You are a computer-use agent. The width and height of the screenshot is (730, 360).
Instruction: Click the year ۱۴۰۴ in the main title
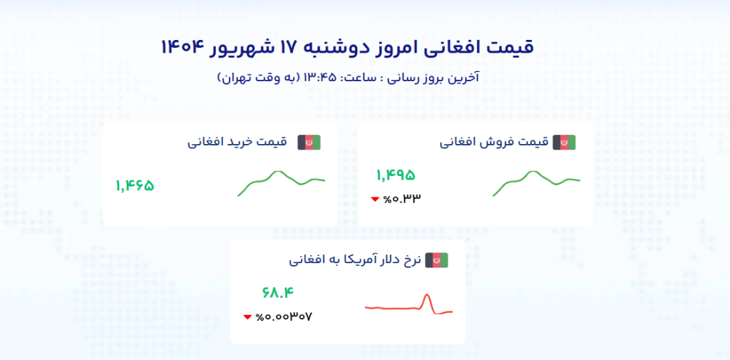[x=183, y=47]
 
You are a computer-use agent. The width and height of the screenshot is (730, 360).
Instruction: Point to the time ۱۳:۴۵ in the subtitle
[x=320, y=77]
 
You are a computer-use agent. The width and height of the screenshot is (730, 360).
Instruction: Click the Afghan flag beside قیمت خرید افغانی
[x=309, y=143]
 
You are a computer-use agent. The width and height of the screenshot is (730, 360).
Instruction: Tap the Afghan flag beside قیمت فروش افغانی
[x=565, y=143]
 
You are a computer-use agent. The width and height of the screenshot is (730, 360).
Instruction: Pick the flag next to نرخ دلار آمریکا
[x=436, y=260]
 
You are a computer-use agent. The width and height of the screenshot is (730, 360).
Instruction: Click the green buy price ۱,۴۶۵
[x=135, y=186]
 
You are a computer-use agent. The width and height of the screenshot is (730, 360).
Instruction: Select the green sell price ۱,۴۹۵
[x=395, y=175]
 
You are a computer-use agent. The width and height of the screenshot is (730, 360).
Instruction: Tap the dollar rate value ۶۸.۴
[x=279, y=293]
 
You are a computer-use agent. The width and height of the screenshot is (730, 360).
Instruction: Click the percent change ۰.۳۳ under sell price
[x=402, y=199]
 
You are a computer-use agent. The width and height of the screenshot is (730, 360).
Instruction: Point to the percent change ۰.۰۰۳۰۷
[x=284, y=317]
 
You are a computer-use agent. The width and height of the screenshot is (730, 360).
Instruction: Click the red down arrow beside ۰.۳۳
[x=375, y=200]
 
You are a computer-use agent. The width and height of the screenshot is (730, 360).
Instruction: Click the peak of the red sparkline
[x=427, y=294]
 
